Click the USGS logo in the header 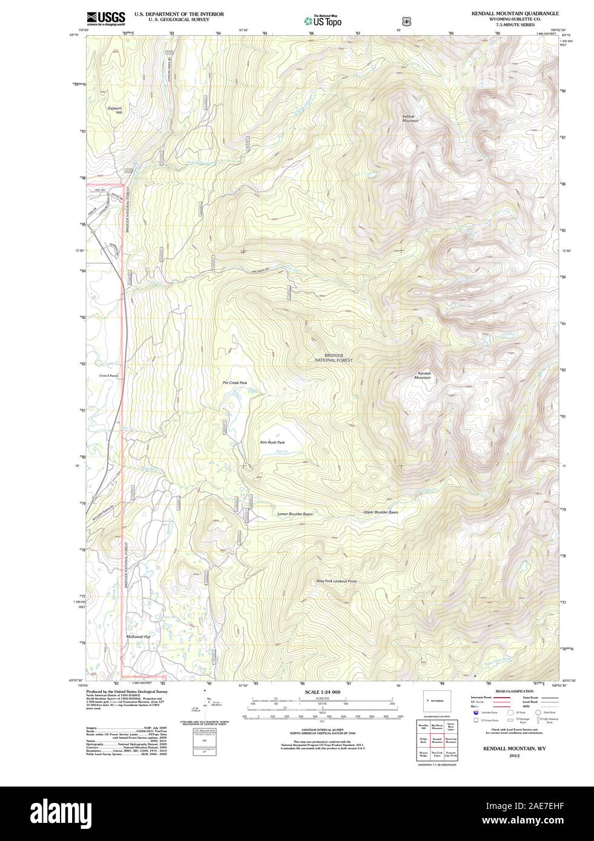coord(105,18)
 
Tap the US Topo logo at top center coord(323,21)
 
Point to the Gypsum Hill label coord(114,110)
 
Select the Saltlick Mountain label coord(411,119)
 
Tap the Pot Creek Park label coord(235,383)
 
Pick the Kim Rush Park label coord(272,442)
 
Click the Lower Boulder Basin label coord(295,514)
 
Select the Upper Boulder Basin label coord(380,512)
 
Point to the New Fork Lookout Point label coord(336,581)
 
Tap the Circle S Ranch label coord(109,376)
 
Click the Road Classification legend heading coord(514,691)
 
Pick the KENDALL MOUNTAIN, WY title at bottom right coord(514,748)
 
